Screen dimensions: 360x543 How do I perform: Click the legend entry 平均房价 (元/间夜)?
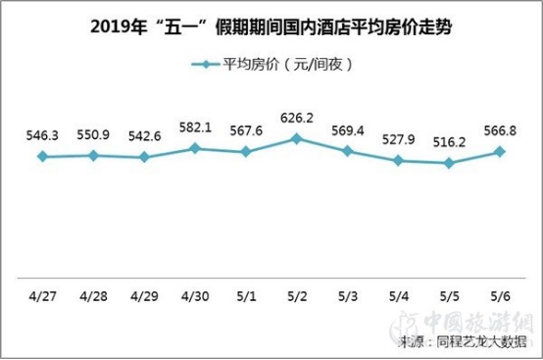(x=271, y=65)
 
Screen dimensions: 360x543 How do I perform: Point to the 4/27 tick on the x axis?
(x=42, y=294)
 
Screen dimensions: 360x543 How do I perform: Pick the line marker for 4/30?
(x=195, y=148)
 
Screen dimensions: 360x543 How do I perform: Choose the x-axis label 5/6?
(x=501, y=294)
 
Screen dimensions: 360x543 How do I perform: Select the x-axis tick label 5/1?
(x=246, y=294)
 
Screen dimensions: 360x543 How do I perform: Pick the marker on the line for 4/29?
(x=144, y=157)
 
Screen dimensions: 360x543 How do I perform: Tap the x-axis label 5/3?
(x=348, y=294)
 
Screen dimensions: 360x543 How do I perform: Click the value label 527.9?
(x=399, y=141)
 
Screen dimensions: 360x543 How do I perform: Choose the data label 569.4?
(x=348, y=131)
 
